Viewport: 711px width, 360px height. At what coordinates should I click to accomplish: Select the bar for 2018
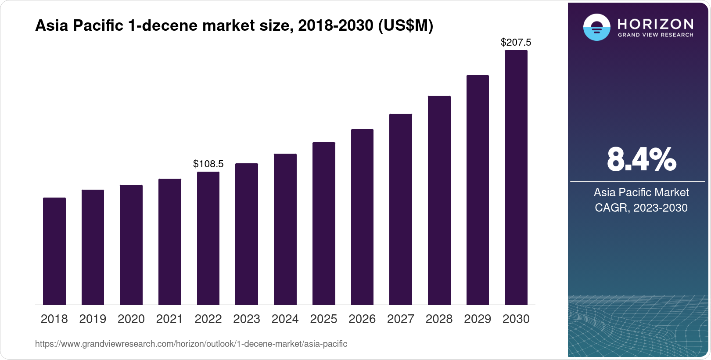coord(54,251)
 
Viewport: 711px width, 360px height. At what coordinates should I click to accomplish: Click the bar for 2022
coord(208,238)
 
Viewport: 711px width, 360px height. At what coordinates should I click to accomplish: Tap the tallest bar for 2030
coord(516,177)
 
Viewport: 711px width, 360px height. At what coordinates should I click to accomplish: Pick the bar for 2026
coord(362,217)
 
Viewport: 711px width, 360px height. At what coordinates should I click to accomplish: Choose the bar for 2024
coord(285,229)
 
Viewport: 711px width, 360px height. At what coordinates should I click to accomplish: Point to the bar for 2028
coord(439,200)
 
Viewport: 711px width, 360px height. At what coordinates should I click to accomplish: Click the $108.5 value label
coord(208,164)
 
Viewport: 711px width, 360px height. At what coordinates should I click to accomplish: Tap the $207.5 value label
coord(516,43)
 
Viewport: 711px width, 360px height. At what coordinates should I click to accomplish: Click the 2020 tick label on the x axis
coord(131,319)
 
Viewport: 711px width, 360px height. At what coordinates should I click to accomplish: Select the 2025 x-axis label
coord(323,319)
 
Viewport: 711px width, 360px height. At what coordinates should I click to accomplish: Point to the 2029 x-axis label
coord(478,319)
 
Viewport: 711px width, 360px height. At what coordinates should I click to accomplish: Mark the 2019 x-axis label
coord(93,319)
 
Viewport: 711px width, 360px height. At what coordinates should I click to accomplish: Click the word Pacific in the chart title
coord(98,26)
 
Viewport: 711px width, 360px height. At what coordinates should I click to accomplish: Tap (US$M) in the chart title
coord(405,26)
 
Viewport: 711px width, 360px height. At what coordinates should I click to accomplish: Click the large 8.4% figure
coord(641,159)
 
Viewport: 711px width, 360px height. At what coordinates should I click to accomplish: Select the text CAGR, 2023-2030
coord(641,208)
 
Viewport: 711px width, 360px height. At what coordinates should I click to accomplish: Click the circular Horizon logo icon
coord(596,27)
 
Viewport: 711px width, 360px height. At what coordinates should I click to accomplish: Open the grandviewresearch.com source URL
coord(191,344)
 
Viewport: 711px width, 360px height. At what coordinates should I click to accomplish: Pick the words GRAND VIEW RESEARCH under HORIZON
coord(655,35)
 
